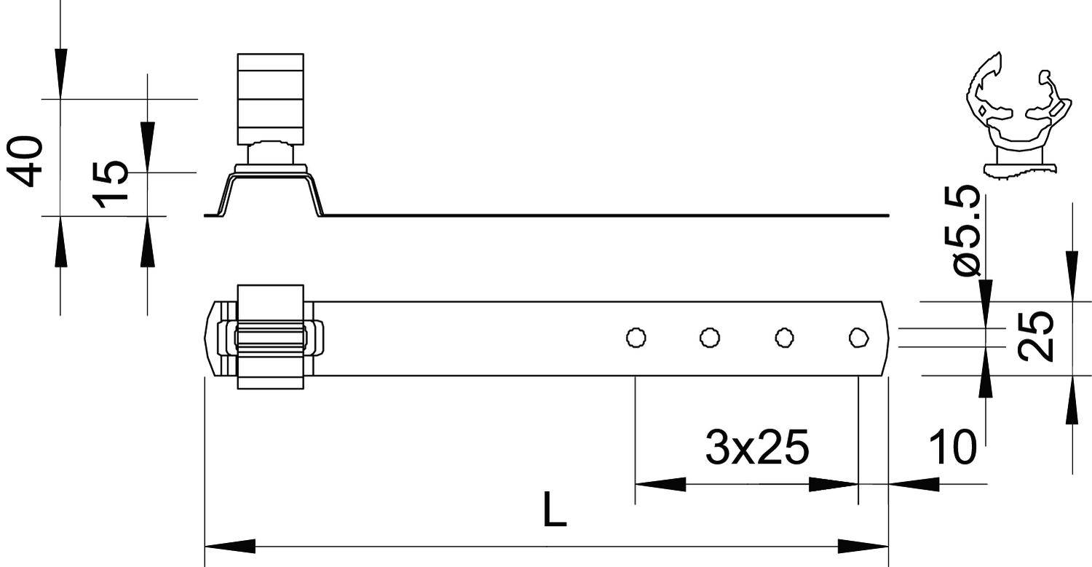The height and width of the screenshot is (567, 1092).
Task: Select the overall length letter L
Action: coord(555,510)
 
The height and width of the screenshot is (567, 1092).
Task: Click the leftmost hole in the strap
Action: coord(636,338)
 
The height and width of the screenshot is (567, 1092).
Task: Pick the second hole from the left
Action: coord(710,338)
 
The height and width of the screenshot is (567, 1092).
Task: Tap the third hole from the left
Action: coord(784,338)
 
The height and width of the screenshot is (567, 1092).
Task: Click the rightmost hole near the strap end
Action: coord(859,338)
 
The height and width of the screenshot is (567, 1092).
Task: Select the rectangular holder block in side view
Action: coord(270,98)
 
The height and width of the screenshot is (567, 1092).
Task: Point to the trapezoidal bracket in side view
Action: coord(270,191)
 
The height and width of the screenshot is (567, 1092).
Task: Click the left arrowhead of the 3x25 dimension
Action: coord(660,484)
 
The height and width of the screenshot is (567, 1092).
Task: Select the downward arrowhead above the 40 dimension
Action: coord(60,73)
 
